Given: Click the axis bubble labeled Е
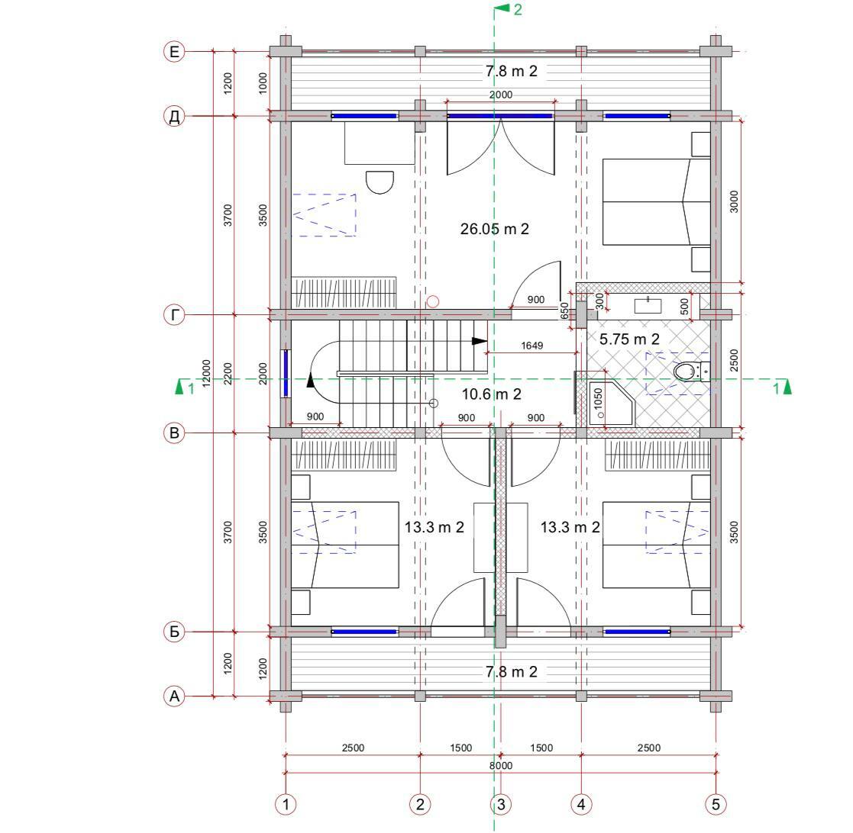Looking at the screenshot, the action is (174, 52).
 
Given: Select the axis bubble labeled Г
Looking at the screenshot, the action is (174, 314).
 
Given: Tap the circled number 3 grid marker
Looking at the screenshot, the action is (500, 804).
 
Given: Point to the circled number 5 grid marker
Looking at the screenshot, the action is (716, 804).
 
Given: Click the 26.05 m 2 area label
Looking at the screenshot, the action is (495, 229).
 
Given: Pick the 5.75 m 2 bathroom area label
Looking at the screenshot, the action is (629, 339).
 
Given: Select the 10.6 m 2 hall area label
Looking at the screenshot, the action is (491, 394).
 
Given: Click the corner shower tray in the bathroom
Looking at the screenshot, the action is (612, 404).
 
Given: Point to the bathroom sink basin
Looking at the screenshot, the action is (648, 305).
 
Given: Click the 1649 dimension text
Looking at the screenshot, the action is (532, 346).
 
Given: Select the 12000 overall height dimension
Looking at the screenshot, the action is (206, 373).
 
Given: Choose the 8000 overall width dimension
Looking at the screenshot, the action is (500, 766).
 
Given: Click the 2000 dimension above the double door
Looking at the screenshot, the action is (500, 95).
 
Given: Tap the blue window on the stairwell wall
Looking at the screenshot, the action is (286, 373).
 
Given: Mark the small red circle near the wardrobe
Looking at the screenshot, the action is (433, 301).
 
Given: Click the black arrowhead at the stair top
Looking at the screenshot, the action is (480, 341).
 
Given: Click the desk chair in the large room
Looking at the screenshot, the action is (380, 182).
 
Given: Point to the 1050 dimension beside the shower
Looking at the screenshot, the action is (599, 398).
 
